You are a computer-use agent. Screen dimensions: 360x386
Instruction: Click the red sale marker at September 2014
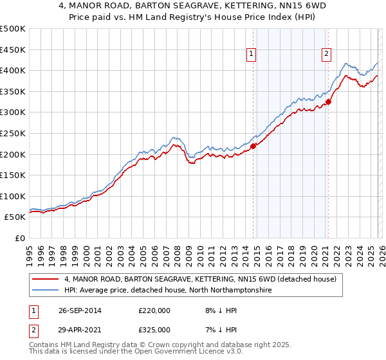[253, 146]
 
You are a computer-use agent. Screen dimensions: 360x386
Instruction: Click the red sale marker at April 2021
[328, 102]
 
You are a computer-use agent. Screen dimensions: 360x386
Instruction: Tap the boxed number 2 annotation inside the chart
[327, 55]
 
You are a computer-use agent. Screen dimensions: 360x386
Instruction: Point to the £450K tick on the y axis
[14, 50]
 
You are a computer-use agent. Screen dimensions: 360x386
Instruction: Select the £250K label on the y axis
[14, 134]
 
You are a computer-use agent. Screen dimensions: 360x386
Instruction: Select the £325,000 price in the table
[154, 330]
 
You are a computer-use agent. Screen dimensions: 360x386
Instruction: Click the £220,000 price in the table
[154, 310]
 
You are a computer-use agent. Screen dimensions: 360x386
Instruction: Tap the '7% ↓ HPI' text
[215, 330]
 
